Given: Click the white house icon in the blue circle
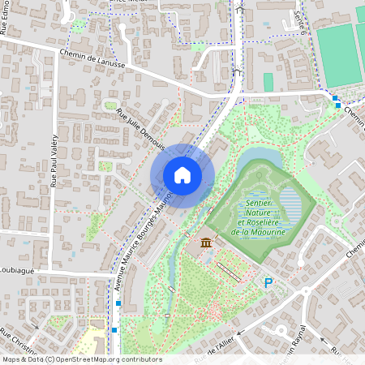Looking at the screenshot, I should (182, 174).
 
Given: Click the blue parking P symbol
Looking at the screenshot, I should (268, 282).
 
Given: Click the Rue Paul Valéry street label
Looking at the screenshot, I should (54, 161).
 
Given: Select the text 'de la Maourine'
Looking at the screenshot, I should (258, 232).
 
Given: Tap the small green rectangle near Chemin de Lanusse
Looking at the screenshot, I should (268, 82).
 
